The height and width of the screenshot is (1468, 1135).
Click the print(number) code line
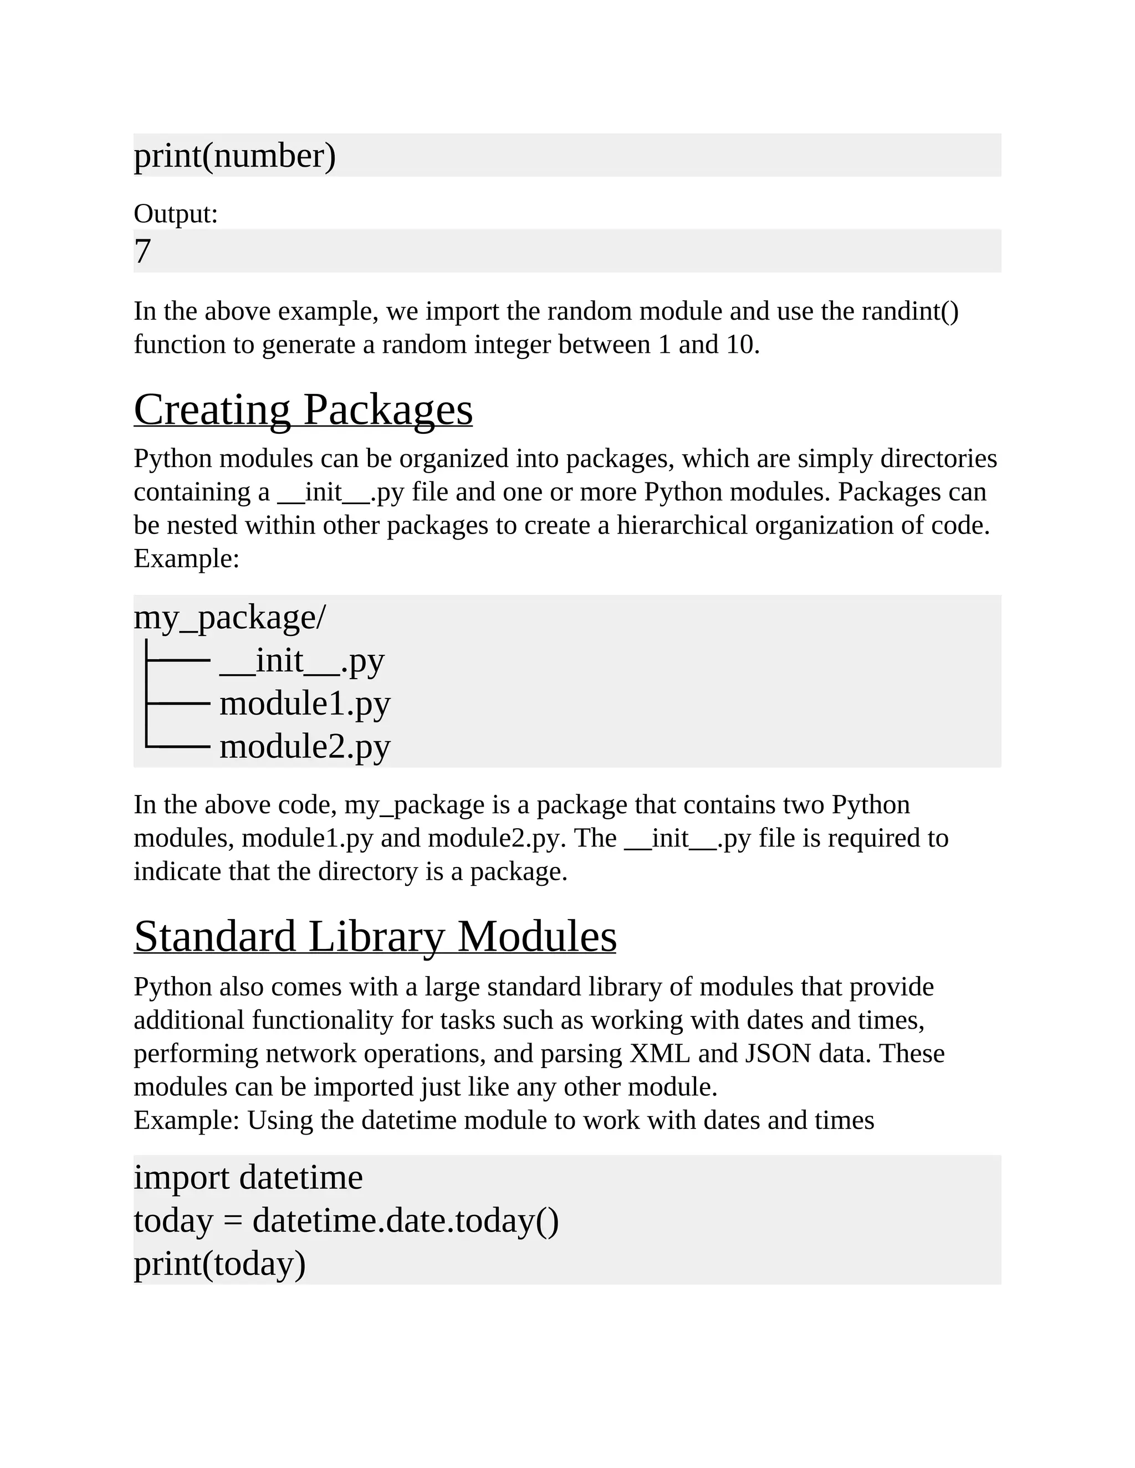tap(234, 156)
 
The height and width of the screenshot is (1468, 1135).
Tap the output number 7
tap(142, 251)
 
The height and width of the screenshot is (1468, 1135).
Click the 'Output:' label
tap(176, 214)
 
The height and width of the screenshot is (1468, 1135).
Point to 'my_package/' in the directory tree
tap(230, 617)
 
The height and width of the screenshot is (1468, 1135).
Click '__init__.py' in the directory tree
tap(302, 661)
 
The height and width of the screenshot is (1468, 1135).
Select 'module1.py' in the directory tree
tap(305, 704)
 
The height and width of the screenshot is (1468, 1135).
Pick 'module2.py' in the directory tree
tap(305, 747)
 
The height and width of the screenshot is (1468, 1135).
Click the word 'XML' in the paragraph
tap(659, 1053)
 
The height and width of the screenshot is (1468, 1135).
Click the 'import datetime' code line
tap(248, 1178)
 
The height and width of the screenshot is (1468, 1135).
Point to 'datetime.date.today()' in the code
tap(406, 1220)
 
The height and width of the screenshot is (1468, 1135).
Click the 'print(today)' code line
tap(220, 1264)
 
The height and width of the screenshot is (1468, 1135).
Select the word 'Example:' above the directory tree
tap(186, 558)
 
